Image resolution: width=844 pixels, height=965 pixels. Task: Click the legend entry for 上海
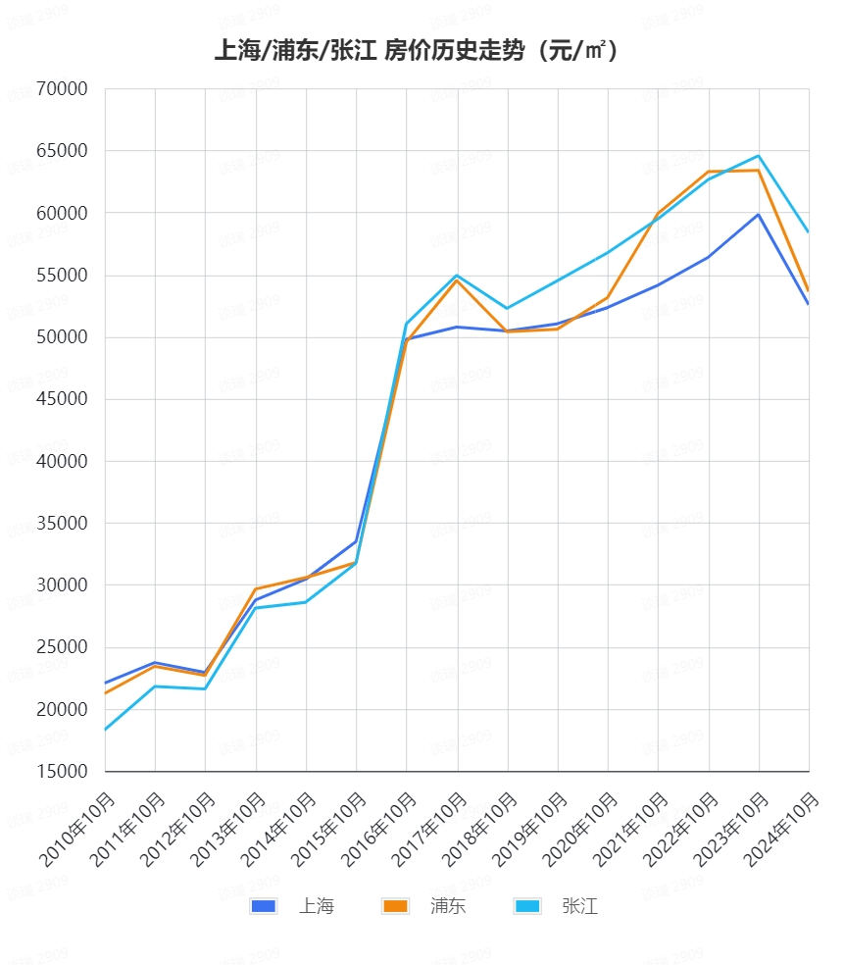[x=292, y=906]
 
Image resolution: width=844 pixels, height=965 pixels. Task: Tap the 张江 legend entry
[x=556, y=906]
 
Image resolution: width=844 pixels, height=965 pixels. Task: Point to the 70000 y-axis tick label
[x=62, y=89]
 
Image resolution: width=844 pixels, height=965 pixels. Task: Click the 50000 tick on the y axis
[x=62, y=337]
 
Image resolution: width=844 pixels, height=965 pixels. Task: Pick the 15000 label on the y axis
[x=62, y=772]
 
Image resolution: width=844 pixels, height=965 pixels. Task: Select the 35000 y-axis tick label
[x=62, y=524]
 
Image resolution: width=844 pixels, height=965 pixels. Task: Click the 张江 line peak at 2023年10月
[x=759, y=156]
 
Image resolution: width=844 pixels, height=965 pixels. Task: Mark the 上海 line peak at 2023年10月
[x=759, y=215]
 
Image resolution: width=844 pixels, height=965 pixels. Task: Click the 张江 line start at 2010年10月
[x=106, y=730]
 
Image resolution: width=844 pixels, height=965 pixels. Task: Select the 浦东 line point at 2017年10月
[x=457, y=280]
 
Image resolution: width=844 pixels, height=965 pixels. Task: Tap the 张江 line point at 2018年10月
[x=507, y=309]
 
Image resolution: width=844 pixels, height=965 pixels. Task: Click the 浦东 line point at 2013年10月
[x=256, y=588]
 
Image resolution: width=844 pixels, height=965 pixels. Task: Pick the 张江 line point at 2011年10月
[x=156, y=686]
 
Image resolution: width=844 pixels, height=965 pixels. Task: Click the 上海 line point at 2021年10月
[x=658, y=284]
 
